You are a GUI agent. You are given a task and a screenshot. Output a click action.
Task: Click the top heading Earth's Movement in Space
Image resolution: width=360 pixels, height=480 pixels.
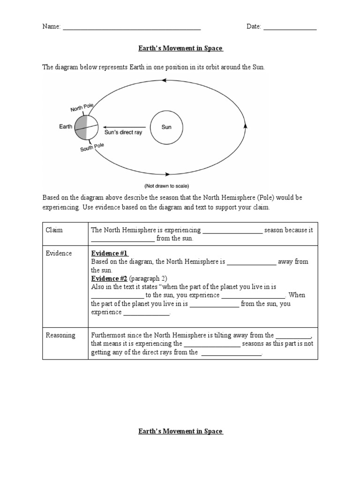(x=180, y=48)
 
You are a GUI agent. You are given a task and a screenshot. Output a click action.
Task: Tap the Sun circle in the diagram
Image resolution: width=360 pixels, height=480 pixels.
(x=166, y=127)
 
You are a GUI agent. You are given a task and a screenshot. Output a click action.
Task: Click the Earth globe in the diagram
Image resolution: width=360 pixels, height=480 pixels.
(x=86, y=127)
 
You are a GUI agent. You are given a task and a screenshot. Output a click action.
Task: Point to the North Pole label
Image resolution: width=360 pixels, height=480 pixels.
(x=82, y=108)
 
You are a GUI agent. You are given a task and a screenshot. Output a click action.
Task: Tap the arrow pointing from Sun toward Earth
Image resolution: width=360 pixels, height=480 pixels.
(x=125, y=127)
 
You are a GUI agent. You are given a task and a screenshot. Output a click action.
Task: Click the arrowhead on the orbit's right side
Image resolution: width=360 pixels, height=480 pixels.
(x=245, y=126)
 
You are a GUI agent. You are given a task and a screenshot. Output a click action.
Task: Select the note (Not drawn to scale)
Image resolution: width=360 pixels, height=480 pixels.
(x=167, y=186)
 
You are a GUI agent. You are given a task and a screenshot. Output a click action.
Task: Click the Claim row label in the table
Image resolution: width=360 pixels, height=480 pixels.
(x=54, y=230)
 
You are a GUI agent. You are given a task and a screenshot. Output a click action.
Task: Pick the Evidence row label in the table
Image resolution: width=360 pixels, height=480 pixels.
(x=59, y=253)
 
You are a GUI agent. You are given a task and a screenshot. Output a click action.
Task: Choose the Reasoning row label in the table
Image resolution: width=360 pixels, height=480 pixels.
(x=60, y=335)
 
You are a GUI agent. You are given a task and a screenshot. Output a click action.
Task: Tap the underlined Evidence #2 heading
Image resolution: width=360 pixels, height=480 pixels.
(x=109, y=278)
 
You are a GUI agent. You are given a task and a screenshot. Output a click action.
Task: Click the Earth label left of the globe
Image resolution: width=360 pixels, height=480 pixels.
(x=66, y=127)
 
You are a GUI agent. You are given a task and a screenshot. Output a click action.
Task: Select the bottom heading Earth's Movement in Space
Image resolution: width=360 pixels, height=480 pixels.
(x=180, y=431)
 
